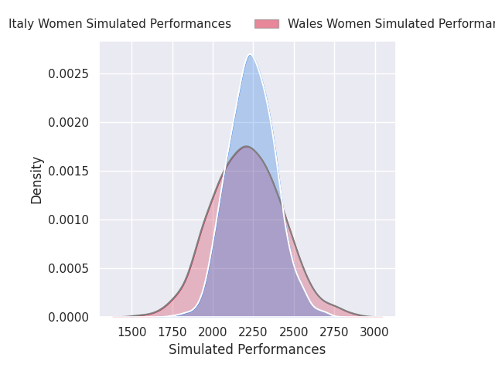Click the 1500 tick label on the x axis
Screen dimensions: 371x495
[x=131, y=332]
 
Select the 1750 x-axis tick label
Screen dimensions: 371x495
[x=172, y=332]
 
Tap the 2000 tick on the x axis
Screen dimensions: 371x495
[x=213, y=332]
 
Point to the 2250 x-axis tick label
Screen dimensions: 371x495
[x=254, y=332]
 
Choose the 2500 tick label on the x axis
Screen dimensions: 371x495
[x=294, y=332]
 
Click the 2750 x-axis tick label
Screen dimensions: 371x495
[x=335, y=332]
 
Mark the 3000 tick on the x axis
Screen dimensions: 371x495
[x=375, y=332]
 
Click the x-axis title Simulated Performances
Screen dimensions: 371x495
[x=247, y=349]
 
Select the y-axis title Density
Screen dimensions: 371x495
[x=37, y=180]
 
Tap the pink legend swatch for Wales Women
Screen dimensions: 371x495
[x=267, y=24]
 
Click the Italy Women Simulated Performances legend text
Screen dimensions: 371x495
[x=120, y=24]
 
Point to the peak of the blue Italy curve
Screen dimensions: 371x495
[x=250, y=54]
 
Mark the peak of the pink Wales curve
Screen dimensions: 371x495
[x=246, y=146]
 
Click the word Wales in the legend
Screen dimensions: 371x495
[x=305, y=24]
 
